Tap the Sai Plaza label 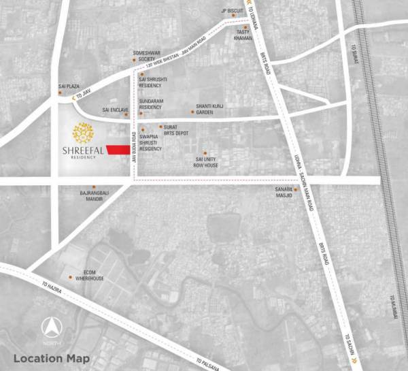coord(69,86)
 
